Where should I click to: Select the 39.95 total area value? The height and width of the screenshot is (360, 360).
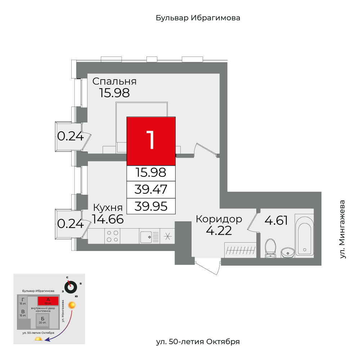[x=151, y=206]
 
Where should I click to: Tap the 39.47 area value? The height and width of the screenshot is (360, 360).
[x=151, y=189]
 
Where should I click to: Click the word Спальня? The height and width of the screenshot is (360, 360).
[x=114, y=81]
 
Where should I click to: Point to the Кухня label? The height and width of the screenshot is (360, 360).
[x=108, y=208]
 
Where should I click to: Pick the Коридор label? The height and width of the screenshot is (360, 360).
[x=219, y=219]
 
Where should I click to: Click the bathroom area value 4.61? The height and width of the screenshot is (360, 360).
[x=276, y=220]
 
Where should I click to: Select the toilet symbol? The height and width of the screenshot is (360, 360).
[x=270, y=248]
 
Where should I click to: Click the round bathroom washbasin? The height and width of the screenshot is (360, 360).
[x=288, y=252]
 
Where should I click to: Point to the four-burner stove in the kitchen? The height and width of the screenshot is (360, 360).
[x=113, y=236]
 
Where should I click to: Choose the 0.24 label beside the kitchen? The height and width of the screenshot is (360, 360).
[x=71, y=224]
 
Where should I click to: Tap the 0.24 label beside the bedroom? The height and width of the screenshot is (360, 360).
[x=71, y=136]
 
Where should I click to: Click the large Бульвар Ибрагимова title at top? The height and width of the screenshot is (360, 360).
[x=198, y=18]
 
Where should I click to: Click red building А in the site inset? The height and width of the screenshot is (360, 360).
[x=48, y=301]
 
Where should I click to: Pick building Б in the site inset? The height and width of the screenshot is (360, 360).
[x=42, y=319]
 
